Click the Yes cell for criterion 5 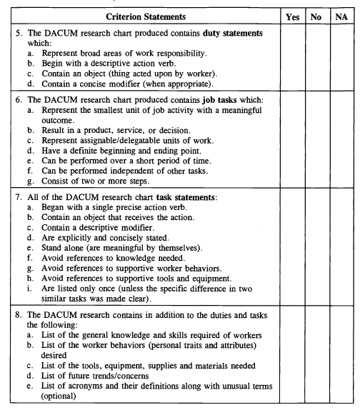coord(291,57)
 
